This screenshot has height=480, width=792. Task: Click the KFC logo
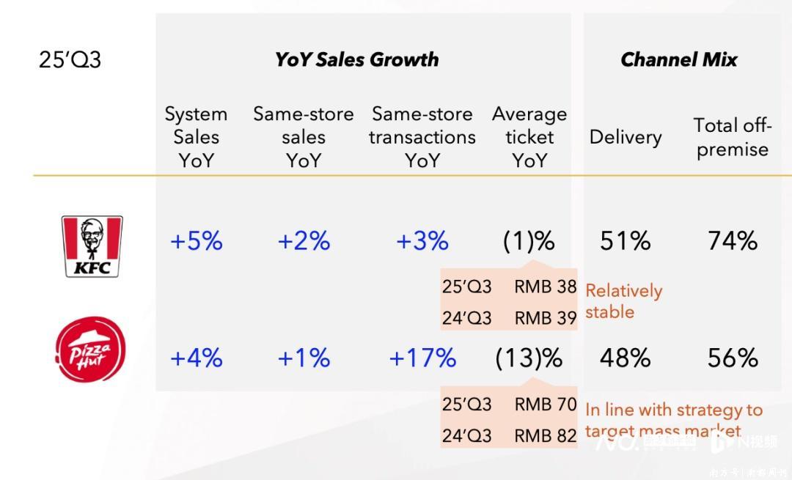(92, 245)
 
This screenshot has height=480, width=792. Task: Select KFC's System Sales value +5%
(196, 241)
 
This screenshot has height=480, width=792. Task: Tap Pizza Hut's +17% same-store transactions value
(422, 358)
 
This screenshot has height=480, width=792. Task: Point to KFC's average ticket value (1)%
(529, 241)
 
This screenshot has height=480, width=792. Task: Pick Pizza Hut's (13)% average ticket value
(529, 358)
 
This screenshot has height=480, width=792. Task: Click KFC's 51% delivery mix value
(625, 241)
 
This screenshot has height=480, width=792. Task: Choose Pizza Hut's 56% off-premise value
(732, 358)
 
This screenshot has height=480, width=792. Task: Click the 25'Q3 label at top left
(70, 59)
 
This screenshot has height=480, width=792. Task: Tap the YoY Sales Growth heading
(356, 59)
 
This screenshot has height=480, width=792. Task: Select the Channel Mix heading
(678, 59)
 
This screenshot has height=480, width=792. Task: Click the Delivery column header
(625, 137)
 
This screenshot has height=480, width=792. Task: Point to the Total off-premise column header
(732, 137)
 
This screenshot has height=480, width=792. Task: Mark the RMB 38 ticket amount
(545, 287)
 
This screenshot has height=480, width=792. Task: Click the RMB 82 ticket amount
(545, 435)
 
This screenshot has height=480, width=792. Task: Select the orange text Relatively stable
(623, 301)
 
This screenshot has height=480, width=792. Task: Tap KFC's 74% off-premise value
(732, 241)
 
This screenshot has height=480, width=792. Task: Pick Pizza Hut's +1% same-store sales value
(304, 358)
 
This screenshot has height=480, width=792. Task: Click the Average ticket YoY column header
(529, 137)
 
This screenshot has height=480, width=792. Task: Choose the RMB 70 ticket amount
(545, 404)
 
